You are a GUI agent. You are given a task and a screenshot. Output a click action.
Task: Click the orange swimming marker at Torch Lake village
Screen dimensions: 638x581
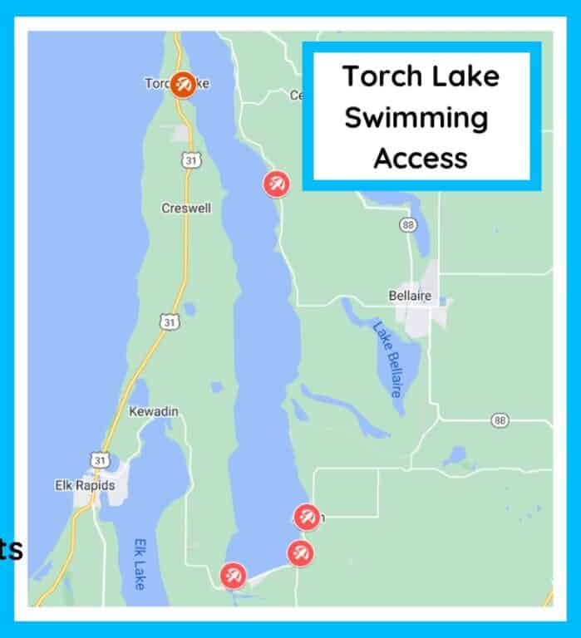coord(183,84)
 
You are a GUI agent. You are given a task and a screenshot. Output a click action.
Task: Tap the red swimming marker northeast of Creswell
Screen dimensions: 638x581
coord(276,184)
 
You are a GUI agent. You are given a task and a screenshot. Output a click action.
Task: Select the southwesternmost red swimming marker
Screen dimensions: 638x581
coord(234,575)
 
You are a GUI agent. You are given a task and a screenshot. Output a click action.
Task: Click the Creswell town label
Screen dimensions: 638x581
coord(186,208)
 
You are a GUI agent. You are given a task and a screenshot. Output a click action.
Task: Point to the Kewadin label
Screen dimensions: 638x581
coord(154,411)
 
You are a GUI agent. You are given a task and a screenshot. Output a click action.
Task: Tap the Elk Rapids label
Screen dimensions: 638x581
coord(85,485)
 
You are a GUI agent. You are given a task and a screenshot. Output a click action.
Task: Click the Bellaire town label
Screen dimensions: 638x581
coord(410,295)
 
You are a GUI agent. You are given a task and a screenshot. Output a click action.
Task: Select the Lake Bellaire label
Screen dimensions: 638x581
coord(387,359)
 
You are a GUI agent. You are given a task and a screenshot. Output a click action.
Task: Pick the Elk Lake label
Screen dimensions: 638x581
coord(140,565)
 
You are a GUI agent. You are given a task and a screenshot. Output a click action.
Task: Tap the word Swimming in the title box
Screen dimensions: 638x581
coord(416,117)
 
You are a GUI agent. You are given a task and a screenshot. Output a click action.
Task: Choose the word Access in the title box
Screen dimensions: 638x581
coord(420,157)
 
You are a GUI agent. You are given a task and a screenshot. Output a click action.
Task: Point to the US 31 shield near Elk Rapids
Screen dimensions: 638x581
coord(98,459)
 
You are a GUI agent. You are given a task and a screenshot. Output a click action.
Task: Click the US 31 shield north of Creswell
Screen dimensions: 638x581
coord(190,159)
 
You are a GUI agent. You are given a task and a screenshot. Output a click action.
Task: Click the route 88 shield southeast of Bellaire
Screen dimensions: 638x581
coord(499,420)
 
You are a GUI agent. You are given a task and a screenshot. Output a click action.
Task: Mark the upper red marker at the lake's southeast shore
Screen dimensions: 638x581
coord(307,517)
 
